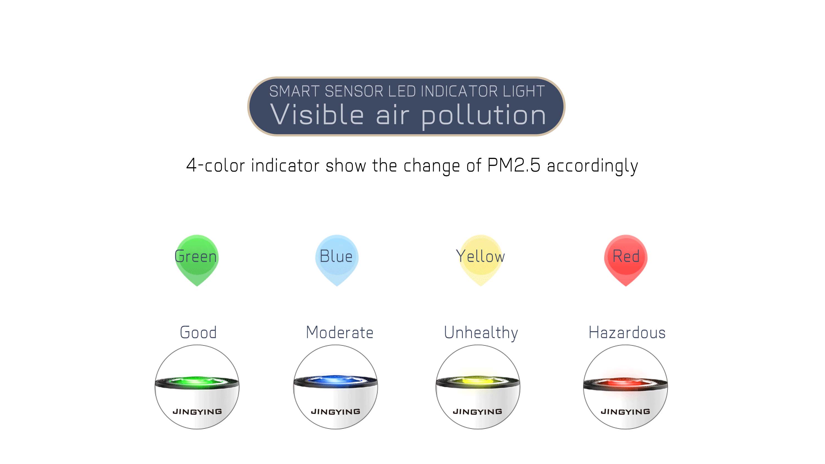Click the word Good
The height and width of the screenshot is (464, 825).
198,332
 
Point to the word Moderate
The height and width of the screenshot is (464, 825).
339,332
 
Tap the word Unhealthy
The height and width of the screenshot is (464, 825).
481,333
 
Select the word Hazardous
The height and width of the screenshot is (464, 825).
627,332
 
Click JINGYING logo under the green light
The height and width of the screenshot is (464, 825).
197,411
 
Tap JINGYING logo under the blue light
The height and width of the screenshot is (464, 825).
335,411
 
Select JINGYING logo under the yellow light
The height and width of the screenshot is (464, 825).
477,411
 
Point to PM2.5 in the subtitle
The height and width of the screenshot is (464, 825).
514,165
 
